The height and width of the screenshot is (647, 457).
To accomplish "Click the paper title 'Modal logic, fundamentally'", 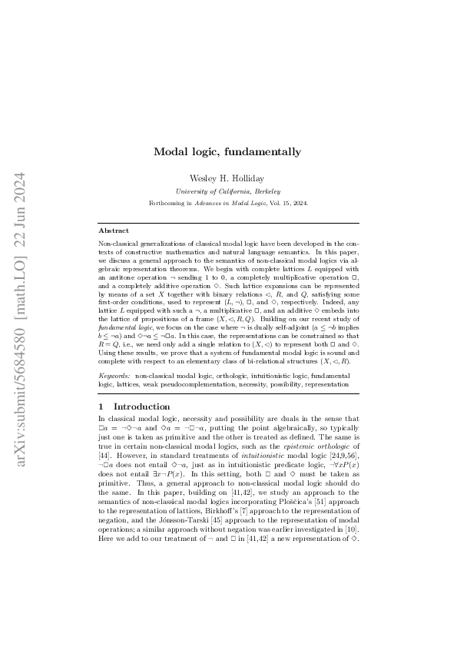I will coord(227,152).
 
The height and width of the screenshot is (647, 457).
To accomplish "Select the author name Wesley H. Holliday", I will coord(227,178).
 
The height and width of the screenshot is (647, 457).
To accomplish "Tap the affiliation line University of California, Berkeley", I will coord(227,191).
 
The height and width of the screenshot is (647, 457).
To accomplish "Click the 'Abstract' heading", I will coord(114,230).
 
